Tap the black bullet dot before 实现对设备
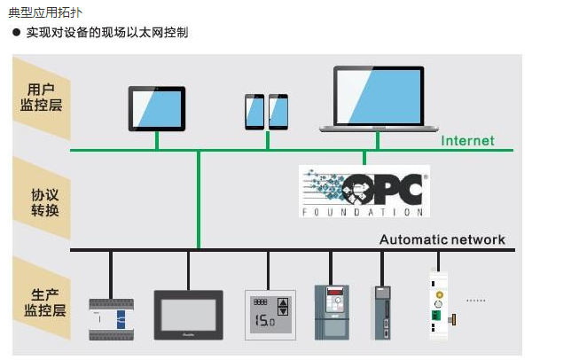16,33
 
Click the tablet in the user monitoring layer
157,108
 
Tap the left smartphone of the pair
255,111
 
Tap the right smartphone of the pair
278,111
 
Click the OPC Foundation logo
364,191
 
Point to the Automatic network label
442,239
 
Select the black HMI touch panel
189,313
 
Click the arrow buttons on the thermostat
284,307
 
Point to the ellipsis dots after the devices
476,301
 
